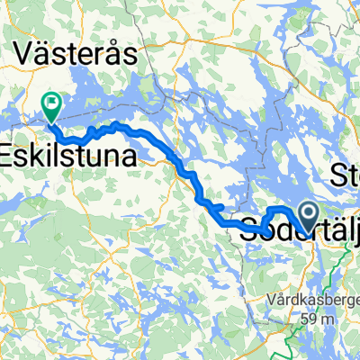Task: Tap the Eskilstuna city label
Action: pyautogui.click(x=69, y=157)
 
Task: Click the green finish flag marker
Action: pyautogui.click(x=51, y=104)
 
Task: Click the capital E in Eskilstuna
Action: pyautogui.click(x=8, y=157)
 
